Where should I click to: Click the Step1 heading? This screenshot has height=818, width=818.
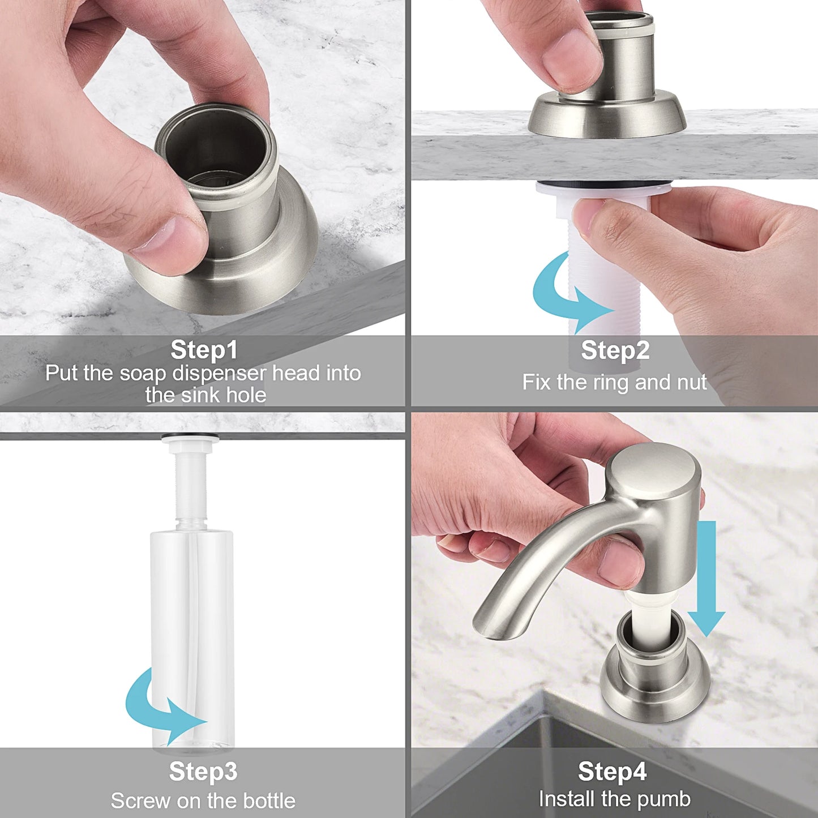point(204,350)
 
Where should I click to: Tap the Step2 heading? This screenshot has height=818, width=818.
point(615,350)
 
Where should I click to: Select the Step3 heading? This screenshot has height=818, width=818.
point(203,772)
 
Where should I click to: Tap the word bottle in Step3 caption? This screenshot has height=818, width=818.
point(269,801)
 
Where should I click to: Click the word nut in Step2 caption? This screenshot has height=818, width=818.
point(691,383)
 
